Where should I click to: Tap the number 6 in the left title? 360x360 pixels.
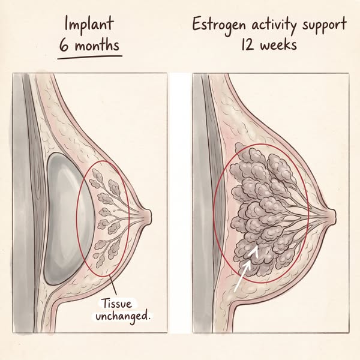click(x=64, y=46)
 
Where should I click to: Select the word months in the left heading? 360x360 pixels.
click(x=97, y=45)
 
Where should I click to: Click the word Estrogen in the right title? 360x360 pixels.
click(x=219, y=26)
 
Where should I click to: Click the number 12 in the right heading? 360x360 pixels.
click(x=247, y=44)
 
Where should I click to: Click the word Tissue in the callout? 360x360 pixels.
click(x=117, y=304)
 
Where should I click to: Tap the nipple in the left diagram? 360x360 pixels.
click(x=147, y=216)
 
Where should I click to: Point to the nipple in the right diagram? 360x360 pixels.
click(x=332, y=216)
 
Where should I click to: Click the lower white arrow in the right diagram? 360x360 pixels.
click(x=242, y=277)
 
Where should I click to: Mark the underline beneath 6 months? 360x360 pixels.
click(x=89, y=57)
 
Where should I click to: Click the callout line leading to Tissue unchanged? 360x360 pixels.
click(x=113, y=286)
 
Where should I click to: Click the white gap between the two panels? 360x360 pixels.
click(x=180, y=203)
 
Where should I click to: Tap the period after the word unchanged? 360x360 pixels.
click(x=149, y=318)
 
